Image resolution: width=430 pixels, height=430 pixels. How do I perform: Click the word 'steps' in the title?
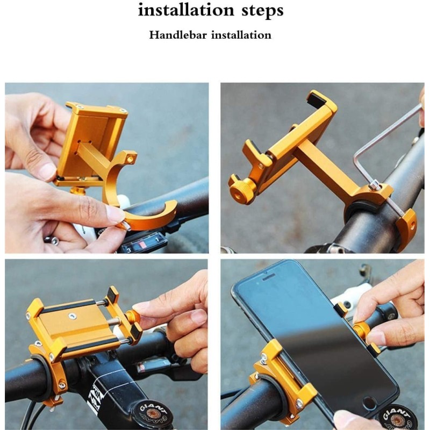point(262,11)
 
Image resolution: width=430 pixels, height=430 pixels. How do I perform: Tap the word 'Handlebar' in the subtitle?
point(178,35)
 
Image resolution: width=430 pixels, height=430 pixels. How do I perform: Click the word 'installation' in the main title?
point(186,10)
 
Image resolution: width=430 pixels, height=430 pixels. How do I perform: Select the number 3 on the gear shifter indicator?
point(128,250)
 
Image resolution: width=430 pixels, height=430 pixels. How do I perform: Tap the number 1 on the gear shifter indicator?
point(157,239)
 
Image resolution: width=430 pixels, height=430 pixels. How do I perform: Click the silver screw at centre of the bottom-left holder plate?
point(73,316)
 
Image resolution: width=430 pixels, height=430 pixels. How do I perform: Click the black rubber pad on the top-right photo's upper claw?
point(316,98)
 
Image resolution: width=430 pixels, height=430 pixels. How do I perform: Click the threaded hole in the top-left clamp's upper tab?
point(131,159)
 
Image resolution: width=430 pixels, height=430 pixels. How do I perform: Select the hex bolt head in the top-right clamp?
point(374,186)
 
